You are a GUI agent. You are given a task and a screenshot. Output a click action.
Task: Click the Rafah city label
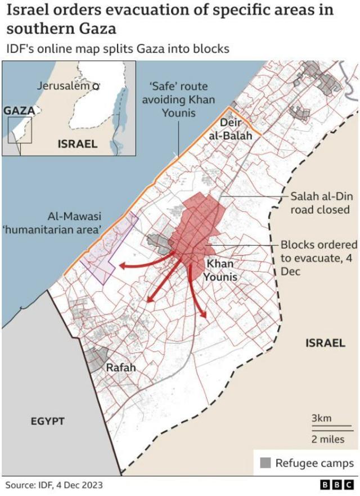121,367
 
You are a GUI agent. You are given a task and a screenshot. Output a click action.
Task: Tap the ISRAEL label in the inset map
78,143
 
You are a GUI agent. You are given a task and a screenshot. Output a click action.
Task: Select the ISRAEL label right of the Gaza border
325,342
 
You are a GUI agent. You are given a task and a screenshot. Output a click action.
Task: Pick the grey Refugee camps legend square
265,463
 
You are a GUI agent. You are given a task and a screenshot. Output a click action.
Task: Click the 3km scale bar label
321,418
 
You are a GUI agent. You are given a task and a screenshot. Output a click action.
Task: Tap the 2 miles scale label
328,439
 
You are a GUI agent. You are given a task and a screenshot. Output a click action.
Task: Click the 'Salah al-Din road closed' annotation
320,203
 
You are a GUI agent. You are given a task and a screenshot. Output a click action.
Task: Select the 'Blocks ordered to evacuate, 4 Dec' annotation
318,258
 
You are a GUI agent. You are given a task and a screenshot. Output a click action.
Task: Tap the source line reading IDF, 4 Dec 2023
55,484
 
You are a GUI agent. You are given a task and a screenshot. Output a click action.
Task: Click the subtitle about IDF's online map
118,49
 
